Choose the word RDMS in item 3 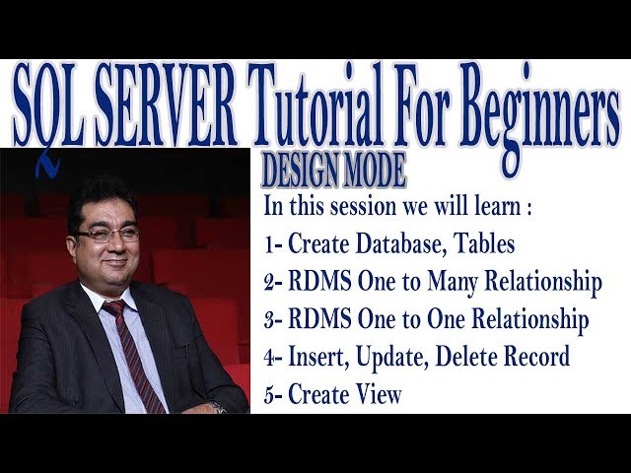coord(316,320)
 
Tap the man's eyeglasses coord(106,235)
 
